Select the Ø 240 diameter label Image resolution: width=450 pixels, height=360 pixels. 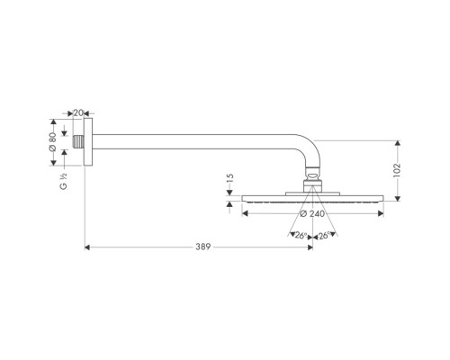[x=311, y=214]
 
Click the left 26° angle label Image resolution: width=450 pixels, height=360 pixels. [x=300, y=236]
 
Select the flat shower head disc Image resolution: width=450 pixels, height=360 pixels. [x=311, y=199]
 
